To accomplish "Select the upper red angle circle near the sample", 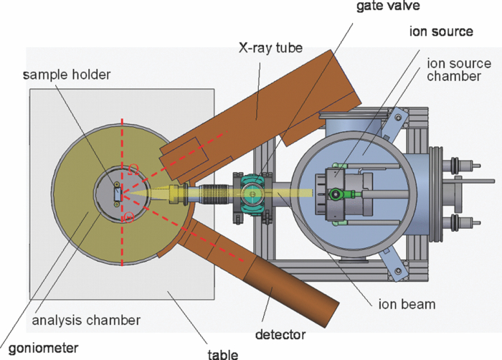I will coord(132,169).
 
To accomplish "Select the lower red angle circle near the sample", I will coord(129,217).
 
